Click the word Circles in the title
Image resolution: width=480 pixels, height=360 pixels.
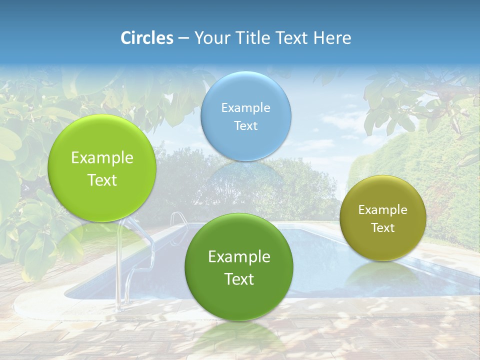tap(146, 38)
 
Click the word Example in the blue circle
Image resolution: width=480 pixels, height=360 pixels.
tap(245, 108)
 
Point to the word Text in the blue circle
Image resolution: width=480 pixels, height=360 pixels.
tap(245, 125)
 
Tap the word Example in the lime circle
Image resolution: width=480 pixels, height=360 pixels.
tap(102, 158)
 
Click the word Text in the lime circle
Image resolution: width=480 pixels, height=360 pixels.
tap(102, 180)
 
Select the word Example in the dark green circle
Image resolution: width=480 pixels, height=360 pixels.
tap(239, 257)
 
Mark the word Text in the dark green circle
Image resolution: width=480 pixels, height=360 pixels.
tap(239, 279)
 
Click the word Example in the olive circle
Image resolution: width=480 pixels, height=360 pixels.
tap(383, 210)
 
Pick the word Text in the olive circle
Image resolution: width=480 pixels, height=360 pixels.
tap(383, 228)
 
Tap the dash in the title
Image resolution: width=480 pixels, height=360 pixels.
tap(183, 38)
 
